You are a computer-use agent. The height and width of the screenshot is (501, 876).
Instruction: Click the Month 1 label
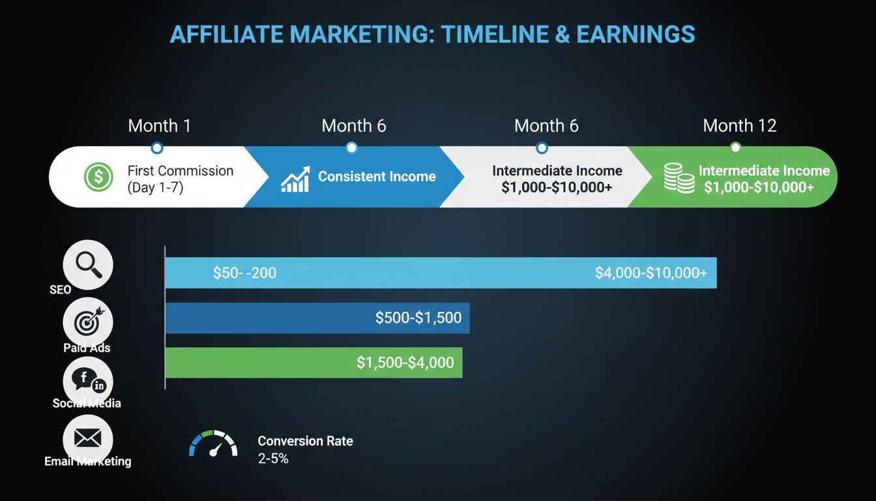point(160,125)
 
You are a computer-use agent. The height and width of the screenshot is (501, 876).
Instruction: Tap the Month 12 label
point(740,125)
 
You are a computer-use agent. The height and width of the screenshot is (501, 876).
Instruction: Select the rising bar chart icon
point(295,179)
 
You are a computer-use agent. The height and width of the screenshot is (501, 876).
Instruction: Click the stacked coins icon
point(679,177)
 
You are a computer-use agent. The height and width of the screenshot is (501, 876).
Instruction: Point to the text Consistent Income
point(377,176)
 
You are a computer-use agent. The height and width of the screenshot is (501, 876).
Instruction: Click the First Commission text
point(180,171)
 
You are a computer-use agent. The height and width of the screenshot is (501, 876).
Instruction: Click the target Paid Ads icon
point(88,321)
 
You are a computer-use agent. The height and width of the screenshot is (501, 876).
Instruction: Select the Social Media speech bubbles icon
point(88,380)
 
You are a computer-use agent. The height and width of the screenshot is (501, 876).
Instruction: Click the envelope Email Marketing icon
point(88,437)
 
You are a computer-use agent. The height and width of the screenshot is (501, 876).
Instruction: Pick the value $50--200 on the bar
point(244,273)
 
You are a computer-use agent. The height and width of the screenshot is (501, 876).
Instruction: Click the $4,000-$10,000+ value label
point(650,273)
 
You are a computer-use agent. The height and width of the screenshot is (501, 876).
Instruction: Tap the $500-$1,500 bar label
point(418,318)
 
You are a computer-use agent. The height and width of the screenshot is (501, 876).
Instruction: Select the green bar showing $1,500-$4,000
point(313,363)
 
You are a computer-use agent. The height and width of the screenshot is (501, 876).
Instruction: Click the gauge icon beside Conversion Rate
point(212,443)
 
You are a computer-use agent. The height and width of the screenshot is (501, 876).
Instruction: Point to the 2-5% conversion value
point(273,459)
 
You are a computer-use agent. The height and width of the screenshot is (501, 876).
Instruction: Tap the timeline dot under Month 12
point(735,147)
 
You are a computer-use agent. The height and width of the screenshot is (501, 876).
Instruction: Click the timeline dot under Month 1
point(156,147)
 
